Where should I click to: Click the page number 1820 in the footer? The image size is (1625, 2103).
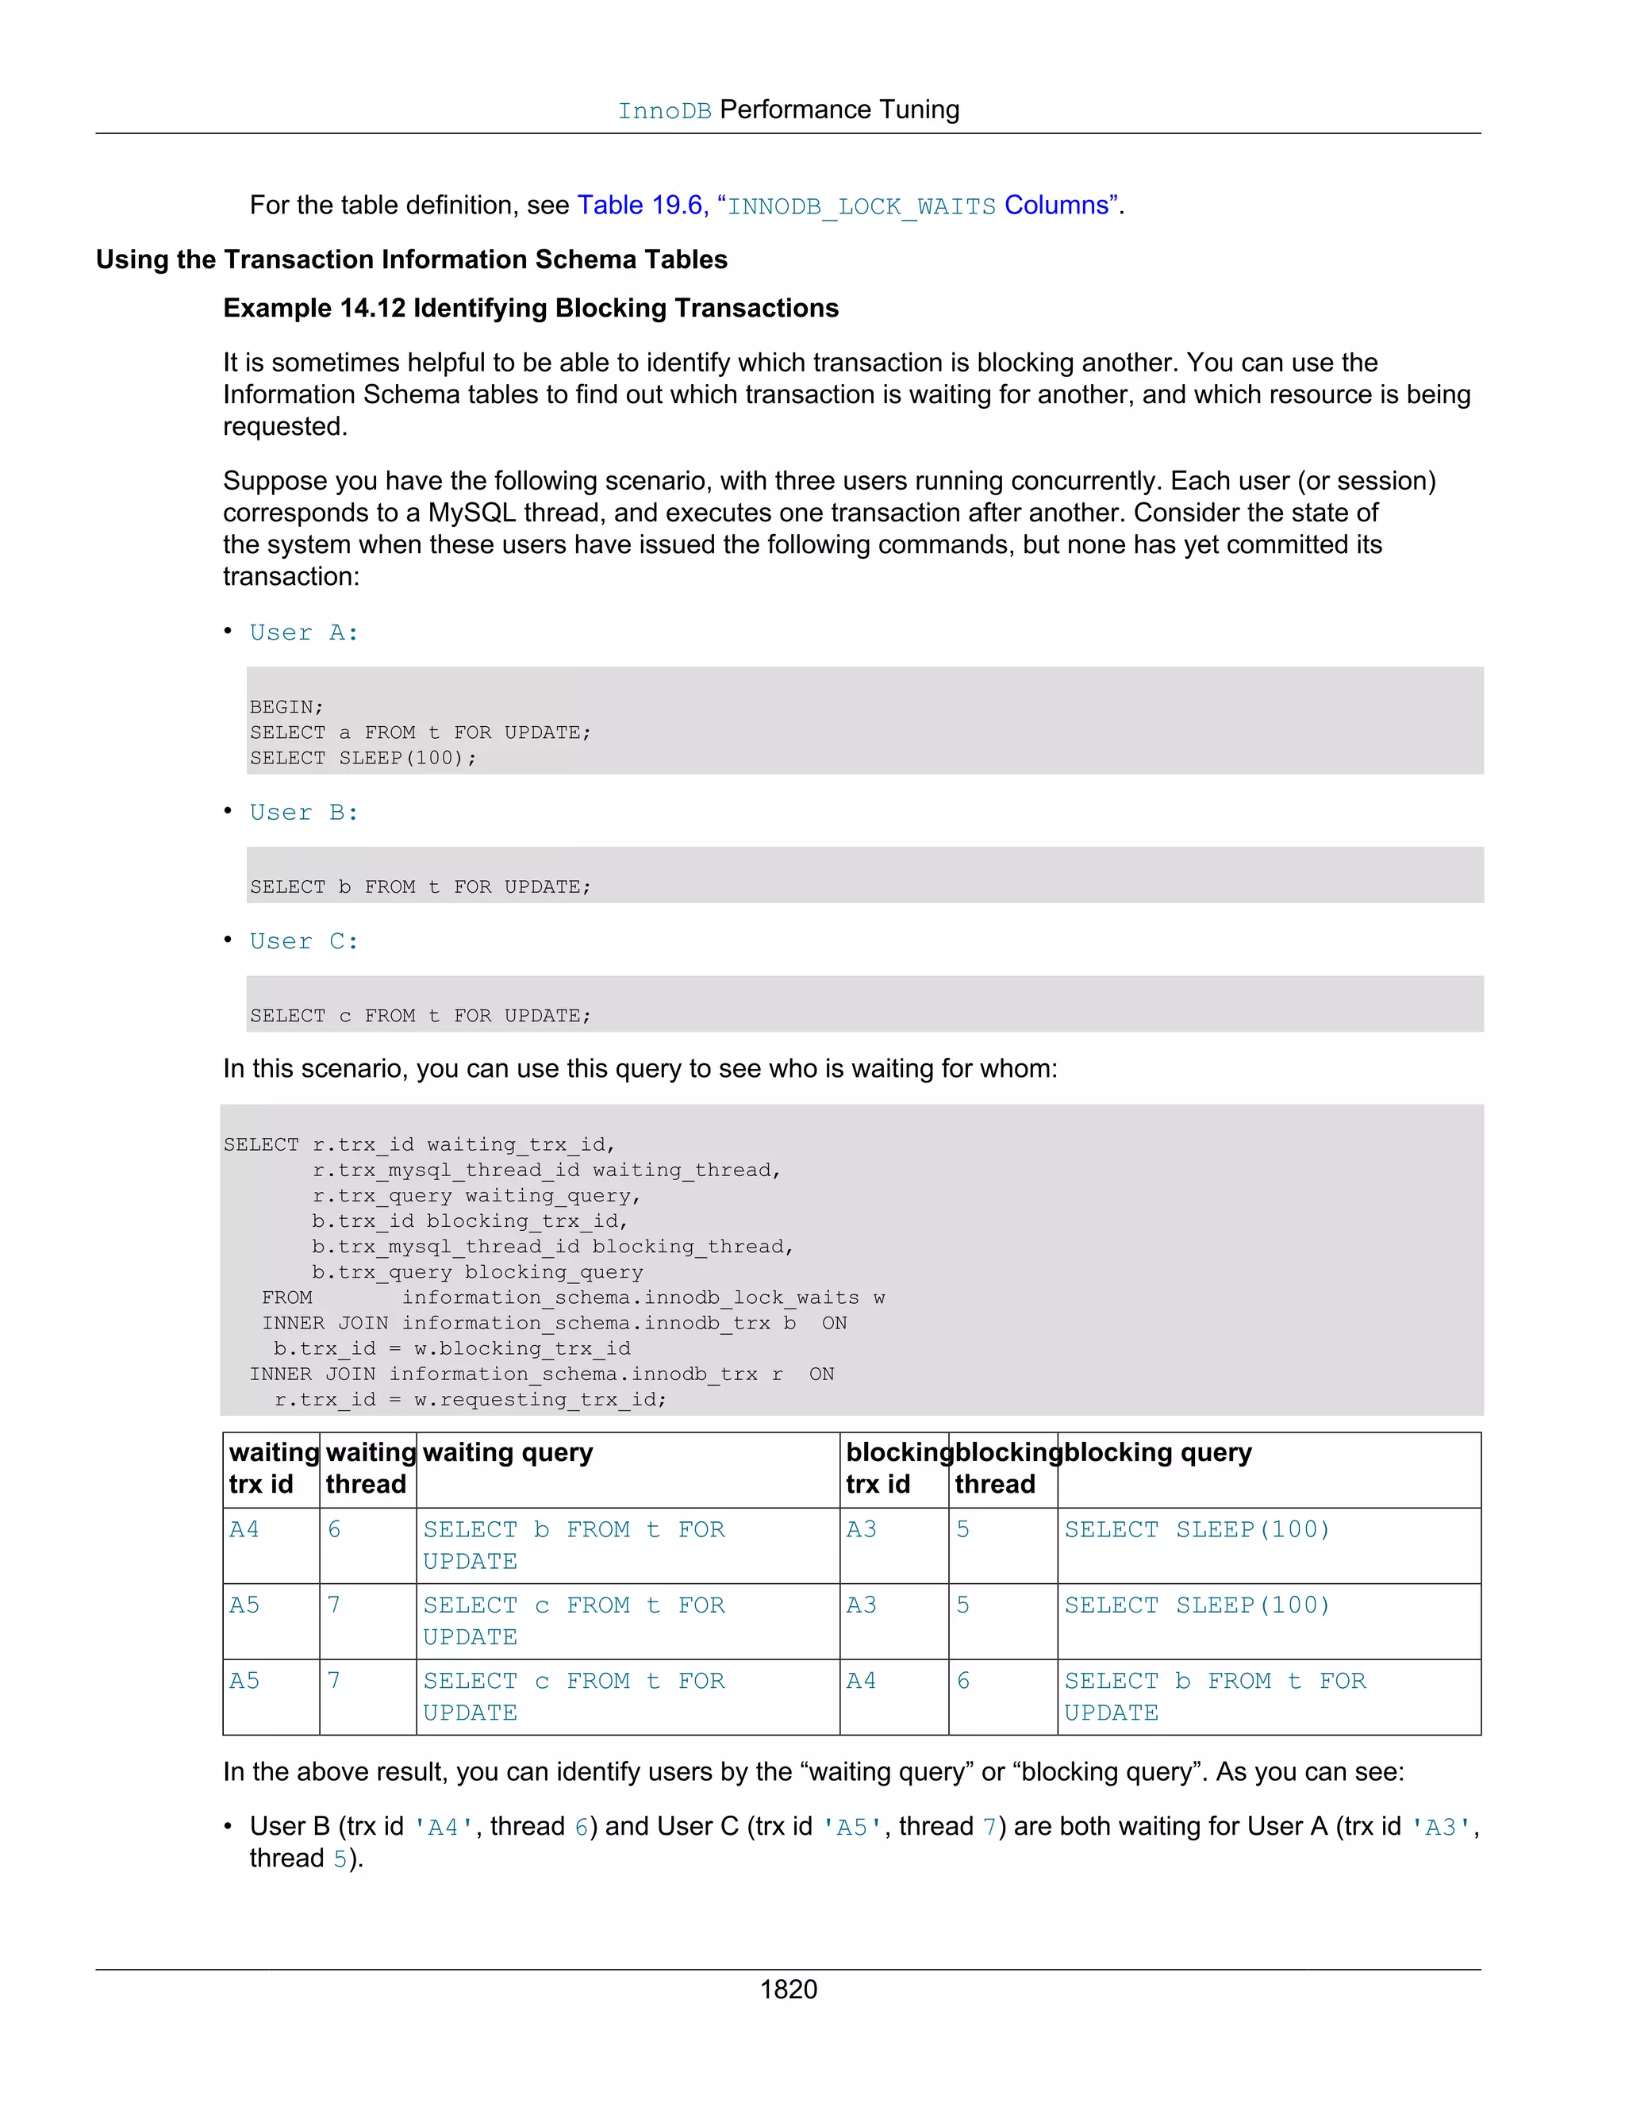point(789,1989)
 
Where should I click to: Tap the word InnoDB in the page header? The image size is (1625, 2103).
point(664,111)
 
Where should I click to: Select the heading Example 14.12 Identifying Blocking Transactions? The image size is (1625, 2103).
point(531,308)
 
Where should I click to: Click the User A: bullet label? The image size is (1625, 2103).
point(303,632)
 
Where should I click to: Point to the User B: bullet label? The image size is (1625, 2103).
point(303,813)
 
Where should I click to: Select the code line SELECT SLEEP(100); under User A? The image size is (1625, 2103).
point(363,758)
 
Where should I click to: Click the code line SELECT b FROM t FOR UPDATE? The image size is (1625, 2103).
point(421,887)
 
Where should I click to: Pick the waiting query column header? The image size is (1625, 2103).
point(507,1452)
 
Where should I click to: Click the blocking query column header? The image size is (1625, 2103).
point(1157,1452)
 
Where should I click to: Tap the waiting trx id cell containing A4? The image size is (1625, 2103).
point(244,1529)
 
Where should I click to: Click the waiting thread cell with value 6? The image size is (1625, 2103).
point(334,1529)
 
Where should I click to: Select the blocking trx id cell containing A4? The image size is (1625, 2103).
point(861,1680)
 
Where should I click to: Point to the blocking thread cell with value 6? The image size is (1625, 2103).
point(962,1680)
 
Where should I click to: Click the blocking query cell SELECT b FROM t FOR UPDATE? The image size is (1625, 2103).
point(1214,1696)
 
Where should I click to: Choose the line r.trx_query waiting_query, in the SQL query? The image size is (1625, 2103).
point(475,1196)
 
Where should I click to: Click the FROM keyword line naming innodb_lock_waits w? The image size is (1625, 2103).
point(573,1298)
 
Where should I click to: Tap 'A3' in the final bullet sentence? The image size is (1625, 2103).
point(1440,1828)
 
